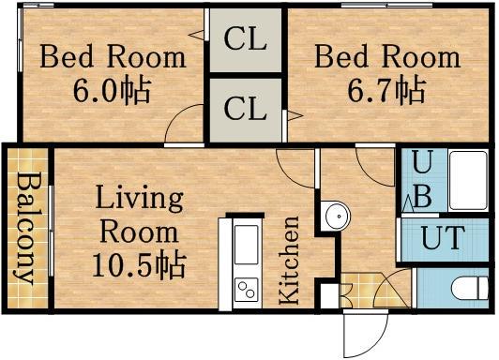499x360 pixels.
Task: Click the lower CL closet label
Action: [246, 109]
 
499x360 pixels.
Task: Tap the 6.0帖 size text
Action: [112, 89]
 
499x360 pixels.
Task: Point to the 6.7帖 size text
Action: [386, 89]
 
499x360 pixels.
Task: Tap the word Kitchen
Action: [289, 260]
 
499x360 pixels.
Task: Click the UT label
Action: [442, 237]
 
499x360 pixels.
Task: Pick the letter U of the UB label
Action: [423, 162]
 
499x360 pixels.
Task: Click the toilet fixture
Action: [470, 288]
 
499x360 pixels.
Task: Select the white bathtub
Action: [468, 180]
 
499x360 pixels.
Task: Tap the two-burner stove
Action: [247, 290]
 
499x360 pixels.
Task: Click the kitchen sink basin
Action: [247, 245]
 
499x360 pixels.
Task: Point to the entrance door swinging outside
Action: [366, 334]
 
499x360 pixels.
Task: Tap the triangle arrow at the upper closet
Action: [196, 35]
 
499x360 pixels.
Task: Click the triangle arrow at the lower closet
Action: [295, 115]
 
